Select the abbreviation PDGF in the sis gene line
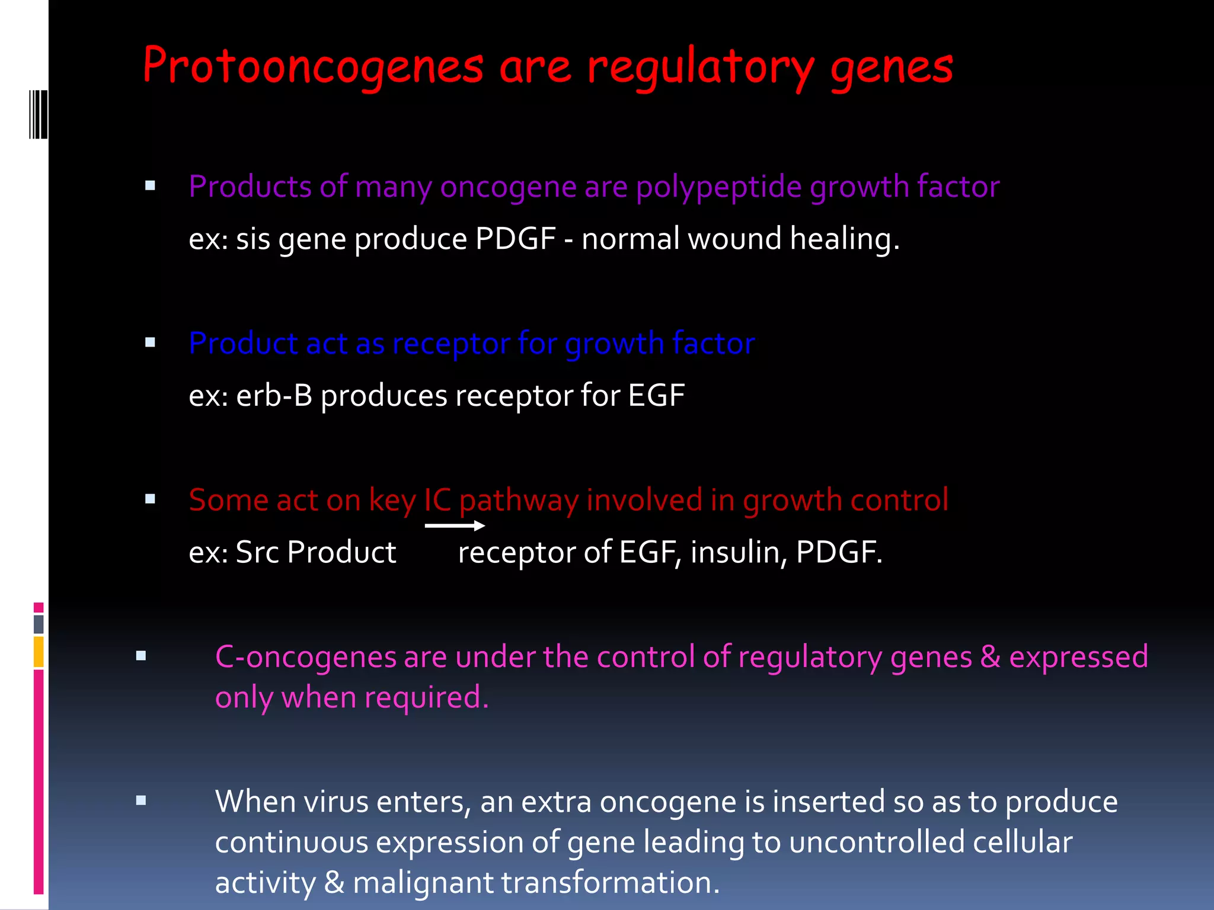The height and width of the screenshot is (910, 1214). tap(515, 239)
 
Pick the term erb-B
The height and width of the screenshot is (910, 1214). tap(274, 396)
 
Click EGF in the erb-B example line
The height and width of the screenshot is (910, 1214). tap(656, 396)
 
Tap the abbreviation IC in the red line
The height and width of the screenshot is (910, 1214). tap(437, 500)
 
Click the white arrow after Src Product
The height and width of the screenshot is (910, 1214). tap(455, 526)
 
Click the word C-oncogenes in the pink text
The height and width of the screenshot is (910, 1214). tap(305, 657)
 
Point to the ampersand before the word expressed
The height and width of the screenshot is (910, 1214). tap(990, 657)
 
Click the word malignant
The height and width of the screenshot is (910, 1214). tap(423, 883)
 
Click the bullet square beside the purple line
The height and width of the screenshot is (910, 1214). tap(150, 186)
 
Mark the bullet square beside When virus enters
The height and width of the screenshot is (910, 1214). tap(141, 801)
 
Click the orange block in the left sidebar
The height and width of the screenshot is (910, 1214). tap(39, 652)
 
